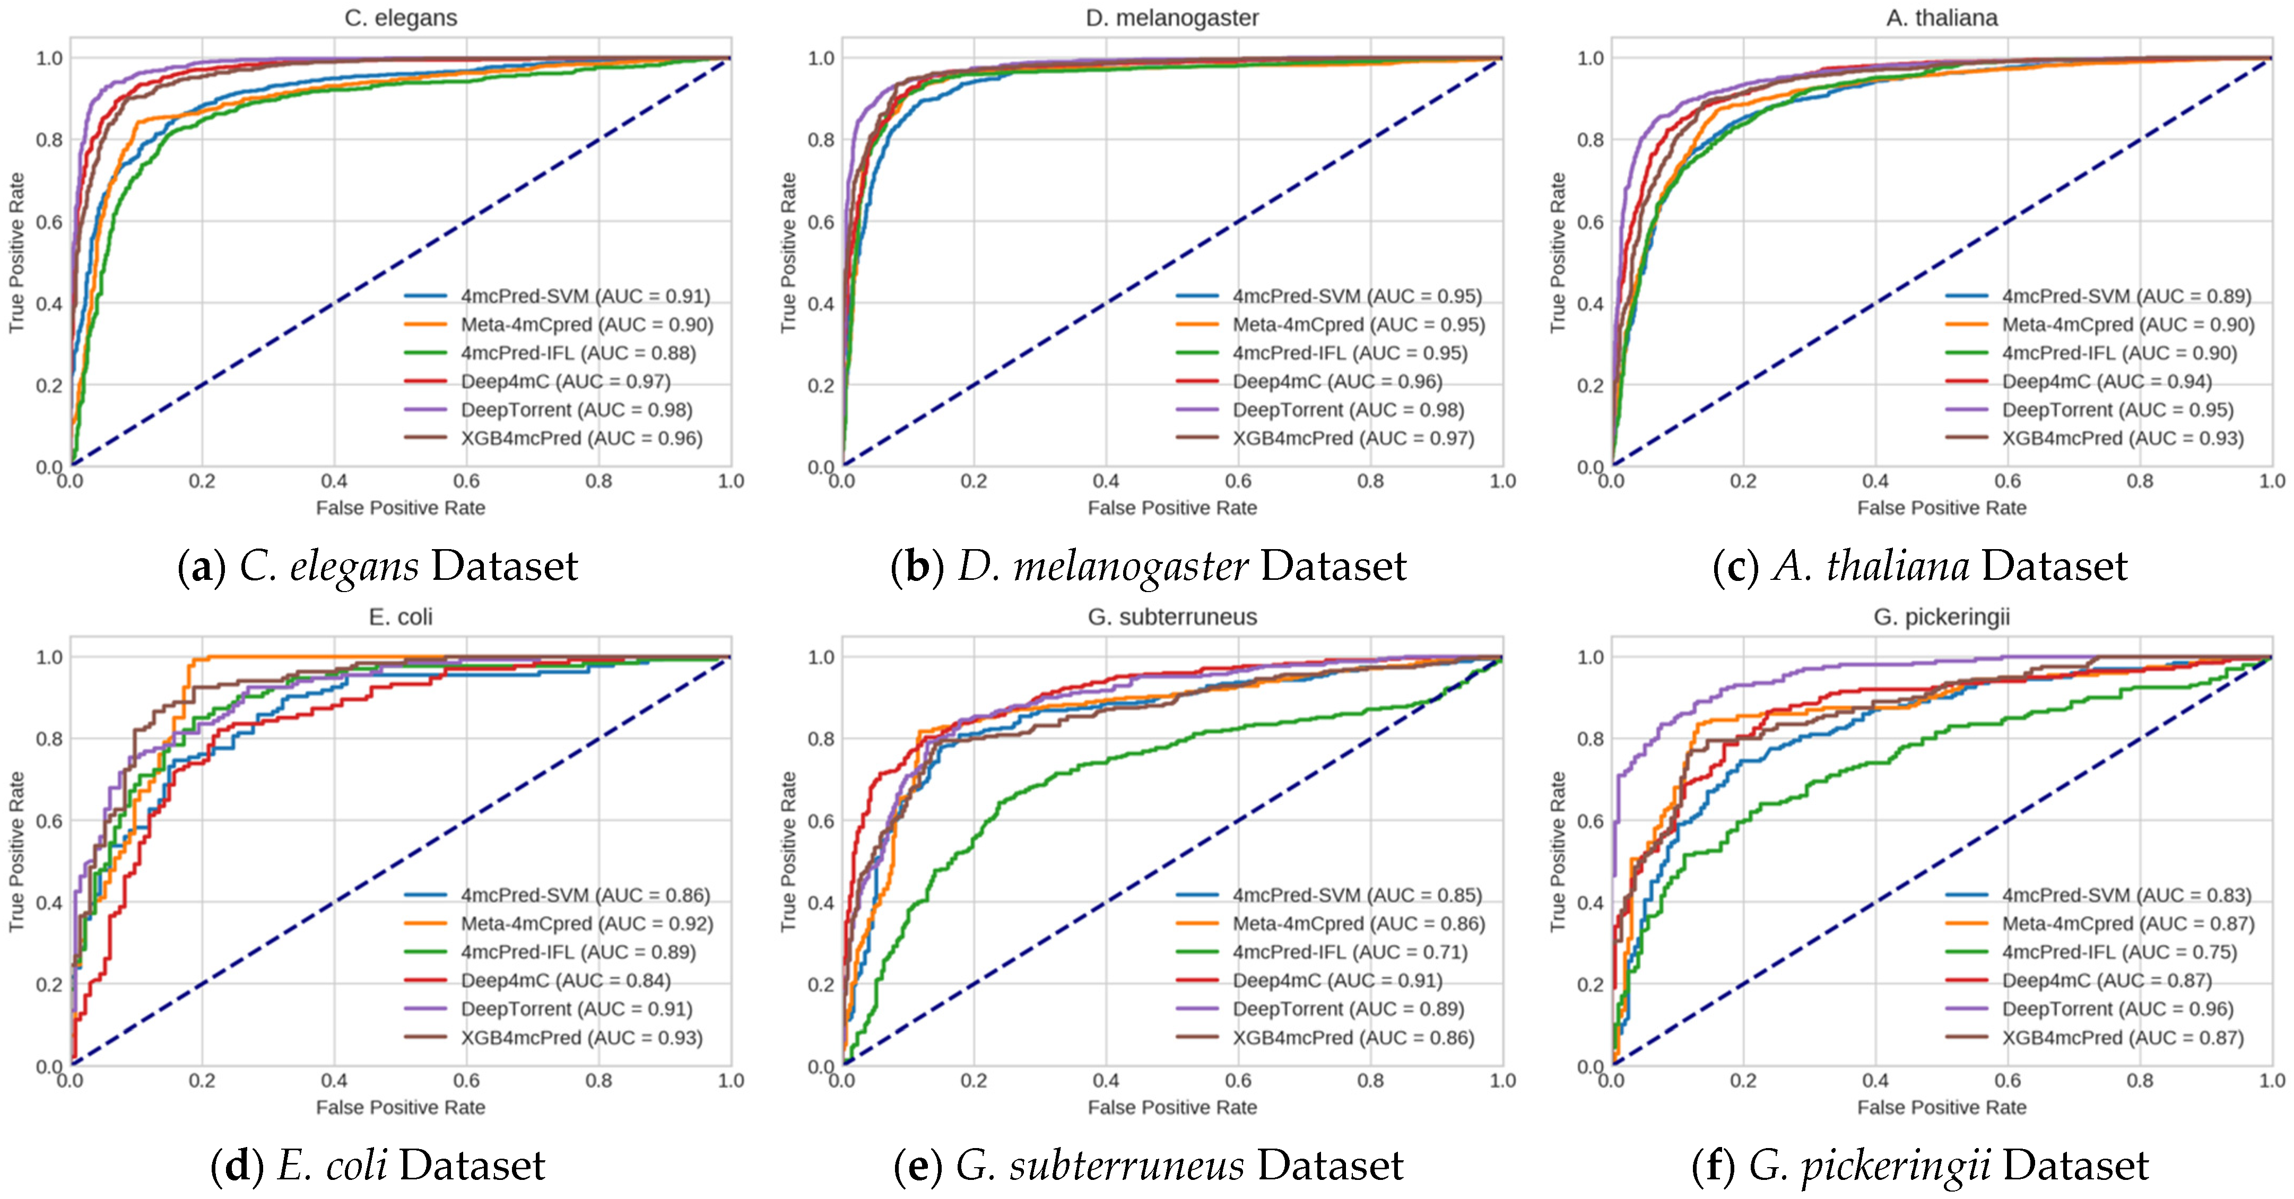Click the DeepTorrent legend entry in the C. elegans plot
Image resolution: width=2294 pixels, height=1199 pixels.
click(575, 410)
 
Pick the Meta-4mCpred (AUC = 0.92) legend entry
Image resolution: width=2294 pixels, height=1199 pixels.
click(586, 924)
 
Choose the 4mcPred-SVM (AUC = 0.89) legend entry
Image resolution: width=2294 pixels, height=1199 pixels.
click(2126, 296)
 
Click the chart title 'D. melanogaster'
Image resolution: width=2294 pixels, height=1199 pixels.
click(1172, 18)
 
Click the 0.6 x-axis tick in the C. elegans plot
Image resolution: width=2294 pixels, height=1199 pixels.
click(467, 482)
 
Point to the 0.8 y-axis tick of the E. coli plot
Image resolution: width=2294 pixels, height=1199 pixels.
click(49, 738)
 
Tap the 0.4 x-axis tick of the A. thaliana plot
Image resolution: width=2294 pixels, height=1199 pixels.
click(1875, 482)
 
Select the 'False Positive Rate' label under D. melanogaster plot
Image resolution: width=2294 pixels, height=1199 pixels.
click(1172, 508)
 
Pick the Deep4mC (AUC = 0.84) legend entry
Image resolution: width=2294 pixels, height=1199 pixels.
click(564, 981)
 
